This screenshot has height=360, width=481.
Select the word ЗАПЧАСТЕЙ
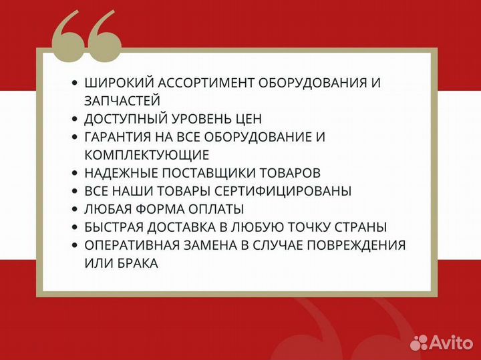click(x=122, y=101)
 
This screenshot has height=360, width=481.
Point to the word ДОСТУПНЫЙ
click(x=123, y=119)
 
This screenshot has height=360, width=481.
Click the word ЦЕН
click(x=248, y=119)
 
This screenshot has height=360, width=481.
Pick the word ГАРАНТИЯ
click(x=117, y=137)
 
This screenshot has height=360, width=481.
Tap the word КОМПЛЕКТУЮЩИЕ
click(x=147, y=155)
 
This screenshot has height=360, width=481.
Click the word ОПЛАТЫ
click(x=214, y=209)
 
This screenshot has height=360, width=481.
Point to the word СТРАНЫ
click(x=363, y=227)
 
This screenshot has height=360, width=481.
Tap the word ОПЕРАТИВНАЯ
click(x=127, y=245)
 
